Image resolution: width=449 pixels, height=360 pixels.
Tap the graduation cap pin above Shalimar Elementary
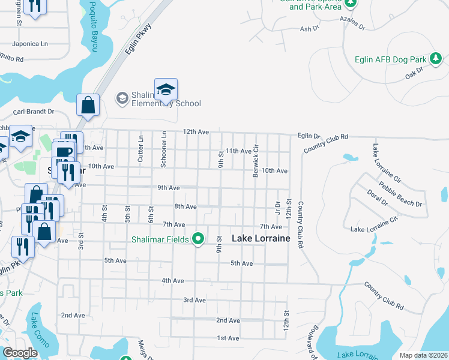click(x=166, y=90)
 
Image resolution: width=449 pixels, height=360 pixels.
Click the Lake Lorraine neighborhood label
click(x=261, y=238)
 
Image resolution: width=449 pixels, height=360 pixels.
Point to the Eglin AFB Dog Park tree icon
click(x=436, y=59)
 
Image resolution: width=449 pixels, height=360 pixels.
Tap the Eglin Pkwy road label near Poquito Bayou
click(x=138, y=40)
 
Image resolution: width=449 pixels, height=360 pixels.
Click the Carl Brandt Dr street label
click(x=34, y=112)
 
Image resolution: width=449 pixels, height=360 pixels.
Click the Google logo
click(x=20, y=353)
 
